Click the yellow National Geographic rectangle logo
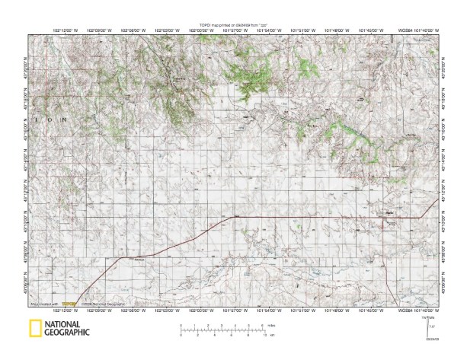[35, 329]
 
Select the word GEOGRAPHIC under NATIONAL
[68, 333]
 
